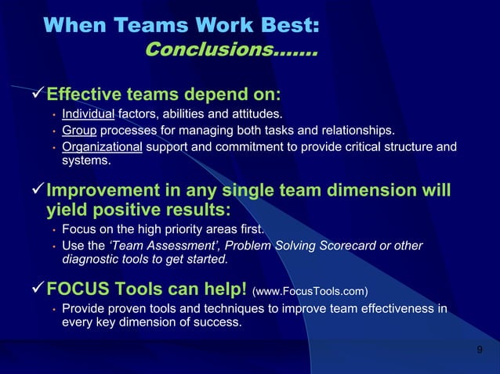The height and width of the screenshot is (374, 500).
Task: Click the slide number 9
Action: [x=480, y=348]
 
